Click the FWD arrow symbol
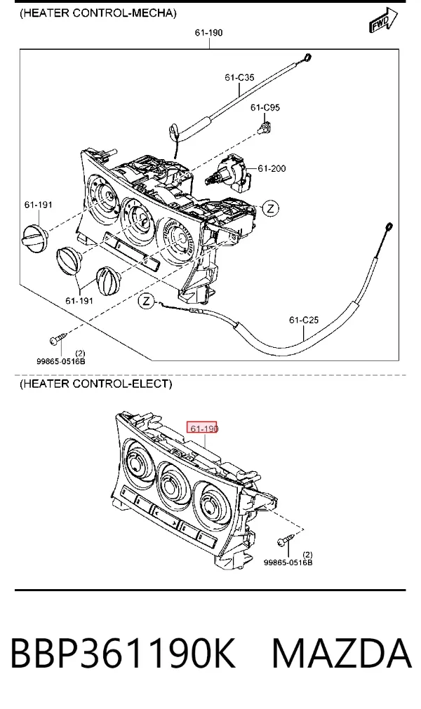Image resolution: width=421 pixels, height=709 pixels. [x=383, y=20]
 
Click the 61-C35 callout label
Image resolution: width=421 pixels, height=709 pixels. [x=239, y=78]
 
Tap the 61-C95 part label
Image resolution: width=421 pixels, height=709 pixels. [x=265, y=107]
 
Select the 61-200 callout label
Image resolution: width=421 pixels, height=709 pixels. [x=272, y=168]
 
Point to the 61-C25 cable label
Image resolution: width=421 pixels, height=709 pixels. [x=304, y=320]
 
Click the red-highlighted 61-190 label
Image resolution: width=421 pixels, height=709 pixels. [x=202, y=427]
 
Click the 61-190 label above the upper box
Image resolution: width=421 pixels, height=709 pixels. [x=209, y=32]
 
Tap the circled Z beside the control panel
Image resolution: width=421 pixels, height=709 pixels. [x=270, y=208]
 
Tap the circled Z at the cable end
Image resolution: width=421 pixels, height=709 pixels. [x=146, y=301]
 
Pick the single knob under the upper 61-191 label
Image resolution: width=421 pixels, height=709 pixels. [x=35, y=237]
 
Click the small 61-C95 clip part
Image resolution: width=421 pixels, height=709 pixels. [x=265, y=128]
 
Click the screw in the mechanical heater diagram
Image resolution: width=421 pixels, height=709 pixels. [x=58, y=337]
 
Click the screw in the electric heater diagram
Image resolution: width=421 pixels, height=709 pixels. [x=287, y=539]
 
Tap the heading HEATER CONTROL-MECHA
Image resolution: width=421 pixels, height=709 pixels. [x=98, y=13]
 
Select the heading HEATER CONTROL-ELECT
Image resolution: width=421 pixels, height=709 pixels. [x=95, y=384]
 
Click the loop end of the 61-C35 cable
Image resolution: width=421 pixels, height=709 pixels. [x=307, y=58]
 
